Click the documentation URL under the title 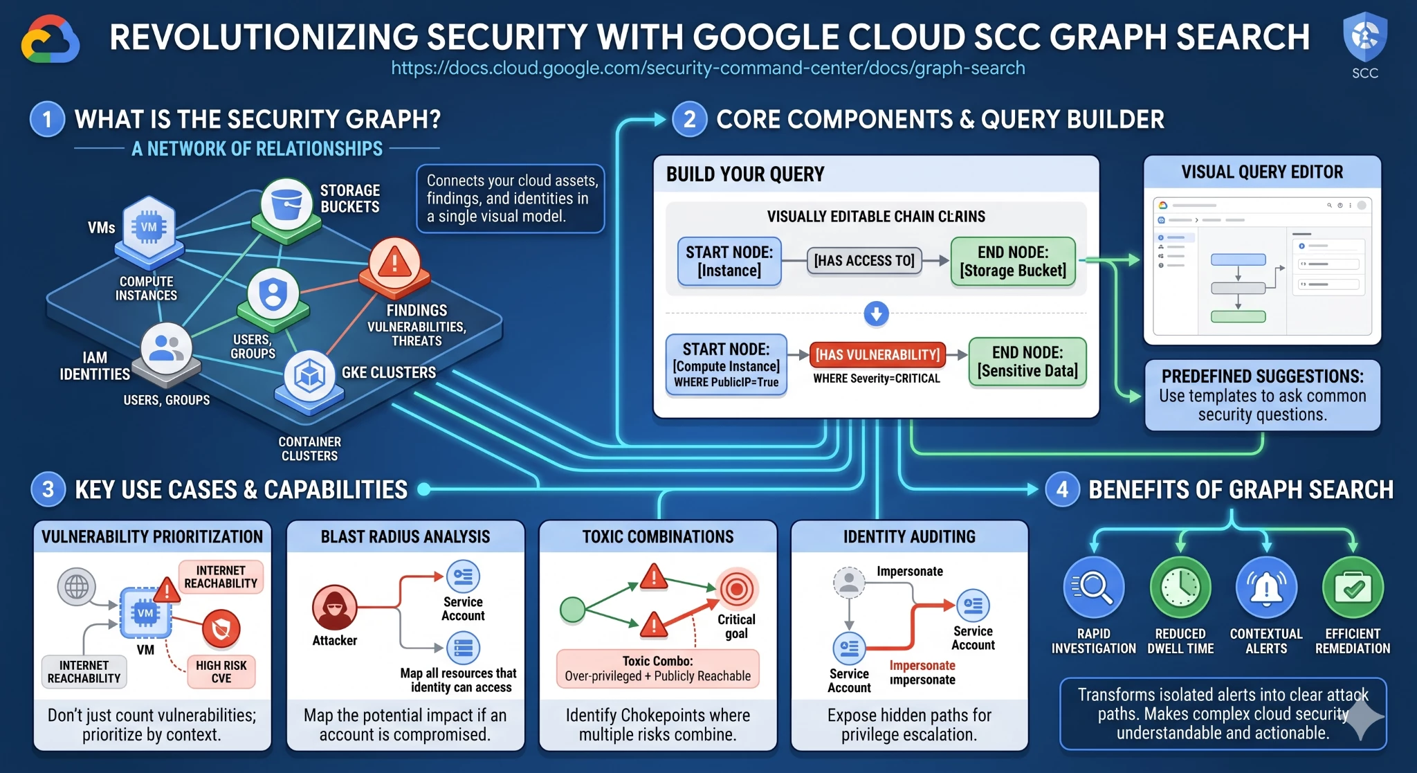pyautogui.click(x=708, y=69)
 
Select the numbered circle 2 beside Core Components pyautogui.click(x=689, y=120)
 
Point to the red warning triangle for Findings pyautogui.click(x=394, y=263)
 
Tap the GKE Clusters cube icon pyautogui.click(x=309, y=376)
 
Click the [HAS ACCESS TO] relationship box pyautogui.click(x=864, y=261)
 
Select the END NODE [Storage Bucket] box pyautogui.click(x=1013, y=262)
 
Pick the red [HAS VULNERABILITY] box pyautogui.click(x=877, y=355)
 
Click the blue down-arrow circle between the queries pyautogui.click(x=876, y=313)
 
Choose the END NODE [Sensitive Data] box pyautogui.click(x=1027, y=362)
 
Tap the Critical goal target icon pyautogui.click(x=736, y=590)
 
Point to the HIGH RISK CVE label pyautogui.click(x=221, y=671)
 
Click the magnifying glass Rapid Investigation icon pyautogui.click(x=1093, y=588)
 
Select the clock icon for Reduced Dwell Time pyautogui.click(x=1180, y=588)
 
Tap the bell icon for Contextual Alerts pyautogui.click(x=1266, y=588)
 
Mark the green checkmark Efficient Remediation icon pyautogui.click(x=1353, y=588)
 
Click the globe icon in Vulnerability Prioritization pyautogui.click(x=76, y=587)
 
